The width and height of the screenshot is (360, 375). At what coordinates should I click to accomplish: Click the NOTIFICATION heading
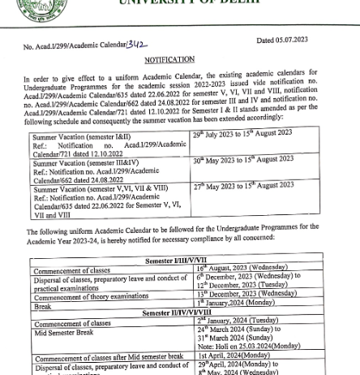tap(169, 60)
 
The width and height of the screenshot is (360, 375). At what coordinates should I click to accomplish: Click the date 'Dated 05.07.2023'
tap(281, 40)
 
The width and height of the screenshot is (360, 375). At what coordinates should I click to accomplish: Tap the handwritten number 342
tap(137, 45)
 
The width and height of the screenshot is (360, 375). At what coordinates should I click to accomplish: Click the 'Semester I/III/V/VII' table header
tap(176, 261)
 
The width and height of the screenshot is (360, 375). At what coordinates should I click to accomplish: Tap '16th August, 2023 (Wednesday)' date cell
tap(242, 268)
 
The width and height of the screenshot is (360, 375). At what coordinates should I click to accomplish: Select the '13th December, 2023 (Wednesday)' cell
tap(245, 295)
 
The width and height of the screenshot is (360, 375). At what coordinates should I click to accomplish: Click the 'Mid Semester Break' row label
tap(64, 332)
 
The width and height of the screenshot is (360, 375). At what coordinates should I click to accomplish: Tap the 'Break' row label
tap(43, 307)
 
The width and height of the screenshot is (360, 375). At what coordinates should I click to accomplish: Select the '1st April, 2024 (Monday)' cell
tap(234, 356)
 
